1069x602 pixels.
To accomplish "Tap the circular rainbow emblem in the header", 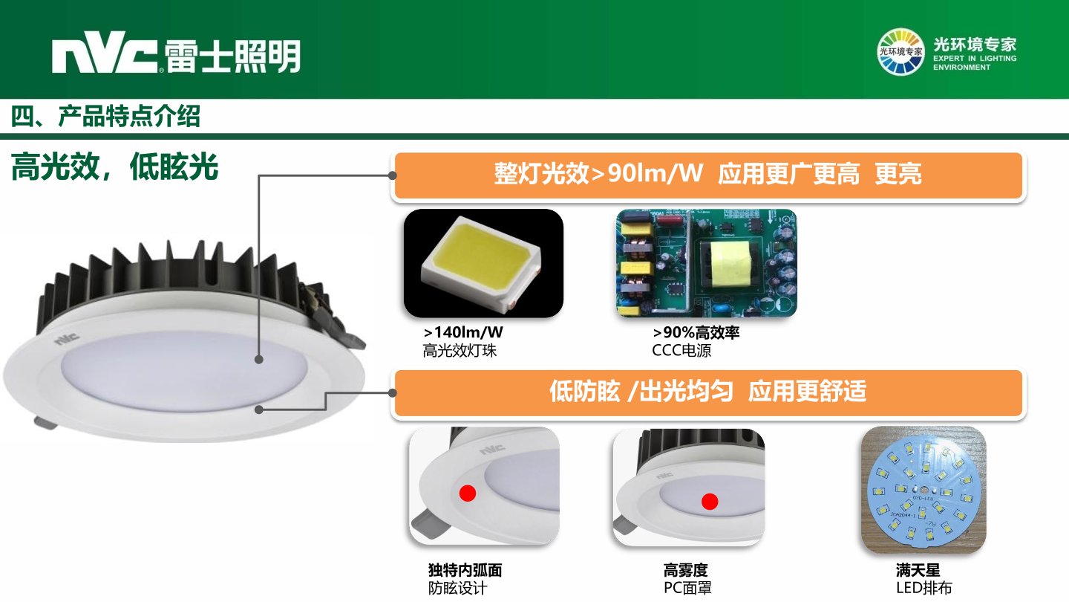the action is (x=900, y=51).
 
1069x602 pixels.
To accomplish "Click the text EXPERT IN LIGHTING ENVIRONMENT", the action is (x=975, y=62).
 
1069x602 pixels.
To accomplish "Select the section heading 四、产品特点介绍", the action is (x=105, y=116).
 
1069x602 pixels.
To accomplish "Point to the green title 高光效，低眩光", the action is (x=114, y=166).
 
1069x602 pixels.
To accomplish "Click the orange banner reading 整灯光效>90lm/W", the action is (x=708, y=175).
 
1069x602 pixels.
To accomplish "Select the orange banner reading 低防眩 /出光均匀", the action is (x=708, y=392).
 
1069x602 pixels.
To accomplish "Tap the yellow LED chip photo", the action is (x=483, y=263).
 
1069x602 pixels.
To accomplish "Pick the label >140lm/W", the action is (x=463, y=332).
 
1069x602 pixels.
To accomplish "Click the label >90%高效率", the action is (x=696, y=332).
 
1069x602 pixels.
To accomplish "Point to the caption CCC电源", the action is (x=681, y=351).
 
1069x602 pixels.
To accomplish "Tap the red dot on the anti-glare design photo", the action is (x=467, y=493).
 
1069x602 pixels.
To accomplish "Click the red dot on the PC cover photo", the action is (x=710, y=502).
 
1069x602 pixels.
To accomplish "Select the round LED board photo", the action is (x=923, y=491).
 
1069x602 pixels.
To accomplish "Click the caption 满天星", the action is (x=918, y=570).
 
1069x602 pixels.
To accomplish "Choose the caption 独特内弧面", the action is (x=465, y=570).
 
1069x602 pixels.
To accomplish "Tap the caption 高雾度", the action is (x=685, y=570).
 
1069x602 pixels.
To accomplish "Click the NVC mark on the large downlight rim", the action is (x=66, y=338).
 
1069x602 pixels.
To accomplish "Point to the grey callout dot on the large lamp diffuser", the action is (x=259, y=359).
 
